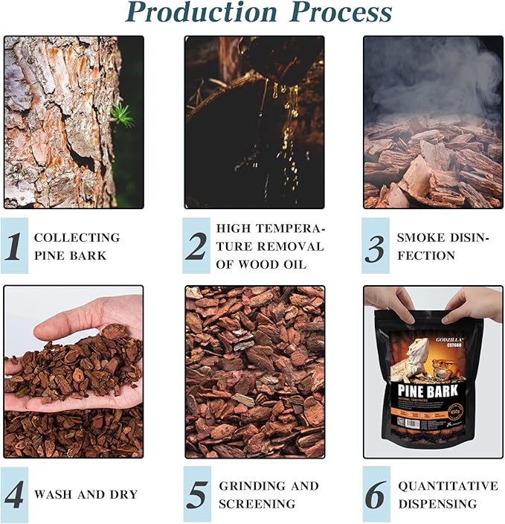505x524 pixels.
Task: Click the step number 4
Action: [14, 494]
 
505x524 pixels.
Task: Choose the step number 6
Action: [376, 494]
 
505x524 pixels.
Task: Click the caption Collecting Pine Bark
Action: [76, 246]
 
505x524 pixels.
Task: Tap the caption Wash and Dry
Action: [86, 494]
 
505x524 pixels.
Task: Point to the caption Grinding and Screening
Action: [268, 494]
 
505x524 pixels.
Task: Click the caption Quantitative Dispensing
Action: [448, 494]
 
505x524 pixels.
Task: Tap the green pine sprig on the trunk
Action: [120, 114]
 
